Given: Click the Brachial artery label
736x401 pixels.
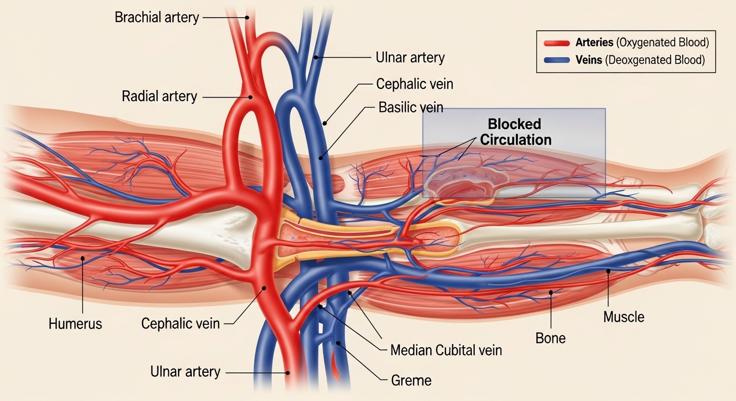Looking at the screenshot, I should click(x=156, y=17).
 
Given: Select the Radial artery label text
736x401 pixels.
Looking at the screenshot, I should click(x=159, y=97).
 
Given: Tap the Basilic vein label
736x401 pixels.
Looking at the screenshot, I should click(x=410, y=108).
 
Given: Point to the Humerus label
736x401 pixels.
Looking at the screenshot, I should click(x=75, y=324).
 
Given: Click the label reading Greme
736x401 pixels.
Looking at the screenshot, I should click(x=411, y=381).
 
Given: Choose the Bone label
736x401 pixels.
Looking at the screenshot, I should click(x=550, y=338).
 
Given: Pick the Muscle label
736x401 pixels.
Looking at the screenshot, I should click(x=624, y=316).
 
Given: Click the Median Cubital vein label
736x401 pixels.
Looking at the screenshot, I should click(x=446, y=350).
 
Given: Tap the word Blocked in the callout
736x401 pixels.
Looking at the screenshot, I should click(x=514, y=125).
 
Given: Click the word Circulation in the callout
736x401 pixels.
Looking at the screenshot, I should click(x=515, y=139).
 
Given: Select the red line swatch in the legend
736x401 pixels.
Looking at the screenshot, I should click(x=557, y=43).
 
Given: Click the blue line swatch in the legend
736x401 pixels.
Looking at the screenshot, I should click(x=557, y=60).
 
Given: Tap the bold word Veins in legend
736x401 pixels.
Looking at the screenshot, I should click(x=589, y=60).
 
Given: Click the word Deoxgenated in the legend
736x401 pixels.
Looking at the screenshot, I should click(x=639, y=60).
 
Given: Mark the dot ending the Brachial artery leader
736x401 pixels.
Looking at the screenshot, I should click(x=249, y=18).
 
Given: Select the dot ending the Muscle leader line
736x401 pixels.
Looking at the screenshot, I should click(x=608, y=270).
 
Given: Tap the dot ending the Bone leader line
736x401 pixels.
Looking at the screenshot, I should click(x=550, y=292).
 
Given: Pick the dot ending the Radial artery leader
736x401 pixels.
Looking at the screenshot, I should click(x=251, y=97).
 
